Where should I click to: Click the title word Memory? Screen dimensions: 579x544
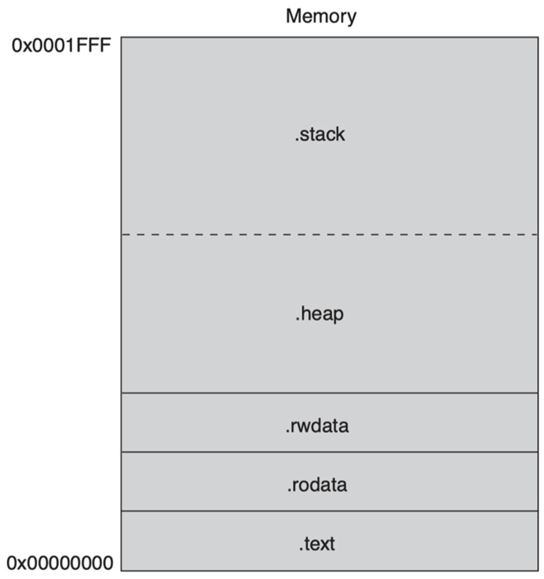[321, 17]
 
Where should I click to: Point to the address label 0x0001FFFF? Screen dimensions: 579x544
[61, 46]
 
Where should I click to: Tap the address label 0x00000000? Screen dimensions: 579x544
[60, 563]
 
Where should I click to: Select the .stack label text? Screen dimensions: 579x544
[320, 134]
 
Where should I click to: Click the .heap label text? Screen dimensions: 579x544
[319, 314]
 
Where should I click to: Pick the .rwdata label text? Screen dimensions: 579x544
[317, 426]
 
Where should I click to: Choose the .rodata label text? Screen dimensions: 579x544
[317, 485]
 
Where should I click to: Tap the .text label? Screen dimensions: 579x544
[317, 544]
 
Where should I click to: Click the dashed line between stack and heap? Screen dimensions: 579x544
[329, 234]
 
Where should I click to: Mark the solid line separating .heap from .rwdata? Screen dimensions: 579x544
[329, 393]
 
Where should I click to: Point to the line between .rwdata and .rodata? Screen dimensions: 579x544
[329, 452]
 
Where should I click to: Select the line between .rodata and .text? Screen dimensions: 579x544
[329, 511]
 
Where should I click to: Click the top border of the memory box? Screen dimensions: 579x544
[329, 37]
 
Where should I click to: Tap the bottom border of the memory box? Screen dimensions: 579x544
[329, 570]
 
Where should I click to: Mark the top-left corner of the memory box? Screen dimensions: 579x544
[121, 37]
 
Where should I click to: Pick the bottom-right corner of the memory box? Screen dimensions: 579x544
[538, 570]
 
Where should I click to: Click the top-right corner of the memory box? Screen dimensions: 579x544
[538, 37]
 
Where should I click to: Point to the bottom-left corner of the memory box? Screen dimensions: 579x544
[121, 570]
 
